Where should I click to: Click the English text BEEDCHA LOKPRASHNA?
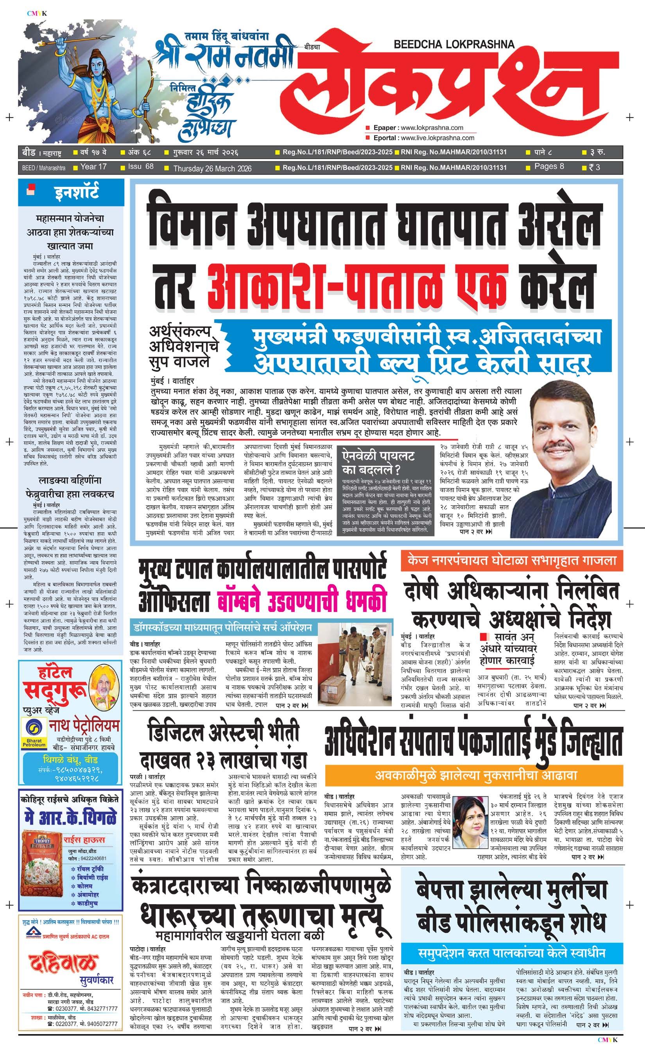(x=454, y=44)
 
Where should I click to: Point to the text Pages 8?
(x=549, y=166)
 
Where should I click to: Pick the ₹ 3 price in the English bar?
(x=594, y=167)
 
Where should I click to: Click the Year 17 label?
(x=93, y=167)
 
